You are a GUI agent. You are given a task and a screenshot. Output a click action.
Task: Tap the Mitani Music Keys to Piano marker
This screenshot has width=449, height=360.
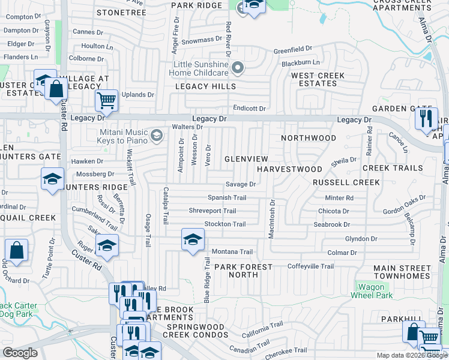[x=157, y=136]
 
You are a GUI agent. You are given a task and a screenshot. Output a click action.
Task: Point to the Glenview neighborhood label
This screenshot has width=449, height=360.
[x=246, y=158]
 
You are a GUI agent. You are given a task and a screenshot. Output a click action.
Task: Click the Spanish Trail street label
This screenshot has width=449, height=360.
[x=227, y=197]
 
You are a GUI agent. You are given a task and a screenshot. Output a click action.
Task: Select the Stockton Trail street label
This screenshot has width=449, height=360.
[x=225, y=224]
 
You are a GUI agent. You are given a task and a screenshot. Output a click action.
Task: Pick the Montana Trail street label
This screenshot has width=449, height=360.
[x=232, y=251]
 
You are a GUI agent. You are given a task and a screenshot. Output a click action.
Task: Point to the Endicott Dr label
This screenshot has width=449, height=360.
[x=249, y=109]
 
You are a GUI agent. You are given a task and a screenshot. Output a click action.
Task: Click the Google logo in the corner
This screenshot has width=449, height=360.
[x=20, y=353]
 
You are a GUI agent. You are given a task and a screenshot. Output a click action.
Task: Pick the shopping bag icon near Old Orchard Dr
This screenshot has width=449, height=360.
[x=17, y=251]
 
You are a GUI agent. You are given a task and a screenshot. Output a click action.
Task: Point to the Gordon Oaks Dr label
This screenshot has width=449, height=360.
[x=405, y=200]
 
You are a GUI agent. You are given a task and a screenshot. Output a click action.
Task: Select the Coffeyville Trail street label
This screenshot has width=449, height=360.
[x=310, y=266]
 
